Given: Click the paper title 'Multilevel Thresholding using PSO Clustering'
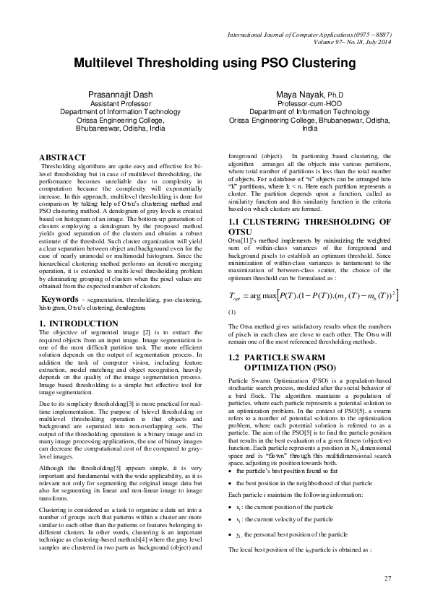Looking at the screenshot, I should pos(215,64).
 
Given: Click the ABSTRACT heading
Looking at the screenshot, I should pos(63,157).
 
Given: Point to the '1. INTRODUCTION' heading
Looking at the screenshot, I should pos(77,323).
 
